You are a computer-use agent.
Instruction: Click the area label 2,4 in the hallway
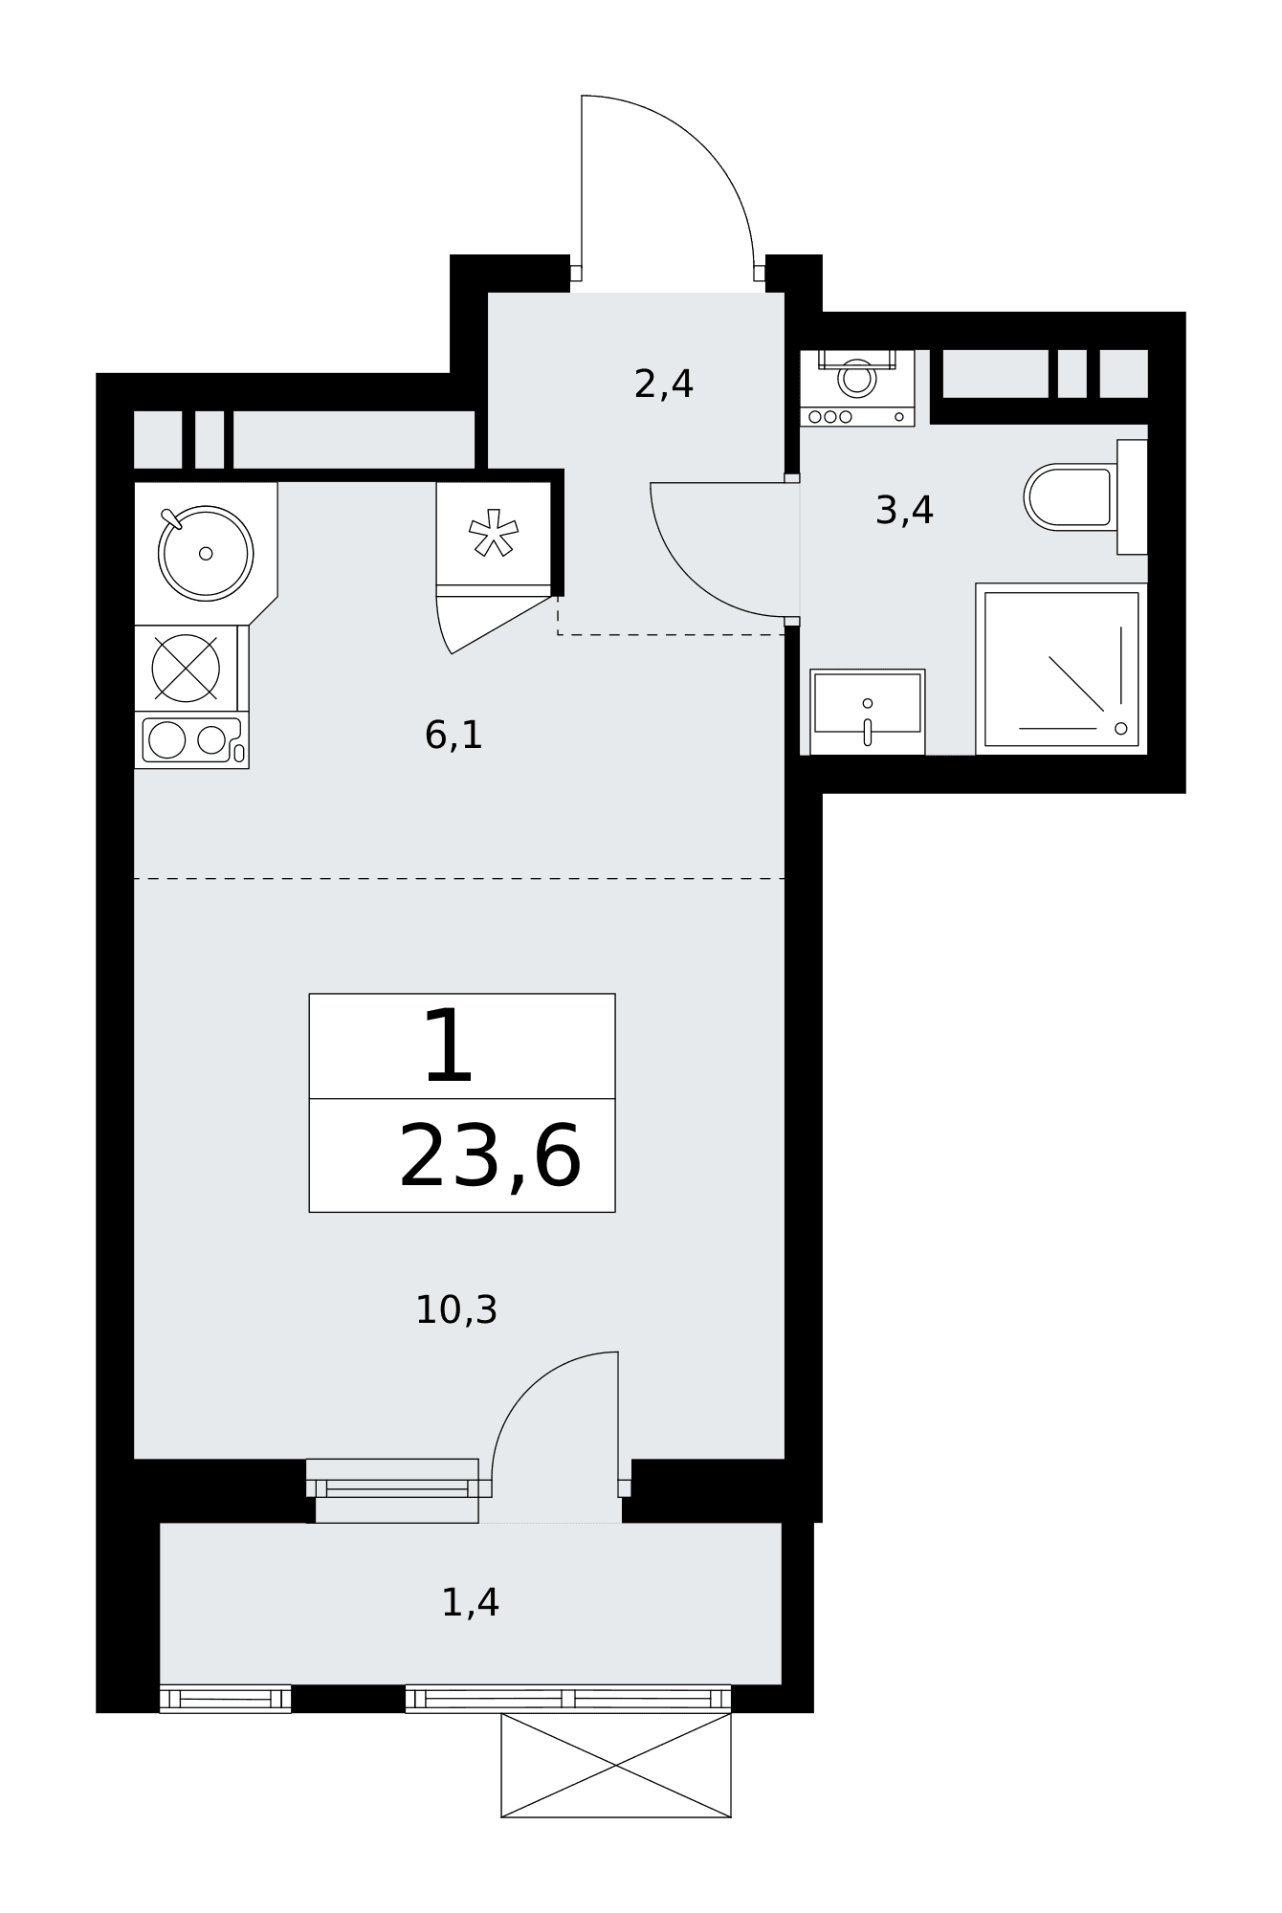[x=664, y=385]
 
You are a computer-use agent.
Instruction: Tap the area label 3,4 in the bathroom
[x=904, y=511]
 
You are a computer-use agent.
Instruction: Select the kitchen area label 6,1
[x=453, y=736]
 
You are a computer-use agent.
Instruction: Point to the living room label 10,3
[x=456, y=1310]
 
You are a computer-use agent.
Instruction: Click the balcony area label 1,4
[x=470, y=1603]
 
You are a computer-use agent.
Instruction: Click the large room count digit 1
[x=449, y=1047]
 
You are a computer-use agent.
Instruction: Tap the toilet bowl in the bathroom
[x=1069, y=497]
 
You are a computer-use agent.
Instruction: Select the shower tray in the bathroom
[x=1061, y=669]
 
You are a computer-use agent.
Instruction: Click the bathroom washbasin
[x=867, y=712]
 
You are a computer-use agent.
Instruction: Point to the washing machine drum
[x=856, y=378]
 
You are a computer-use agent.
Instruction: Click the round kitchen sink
[x=206, y=554]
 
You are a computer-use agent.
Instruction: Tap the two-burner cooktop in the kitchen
[x=191, y=740]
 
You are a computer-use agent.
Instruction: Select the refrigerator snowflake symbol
[x=494, y=533]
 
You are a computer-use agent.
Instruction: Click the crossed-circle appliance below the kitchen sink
[x=186, y=668]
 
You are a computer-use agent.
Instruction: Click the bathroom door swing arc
[x=690, y=578]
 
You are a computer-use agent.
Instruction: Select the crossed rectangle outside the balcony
[x=616, y=1765]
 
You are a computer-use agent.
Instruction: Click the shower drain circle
[x=1120, y=729]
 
